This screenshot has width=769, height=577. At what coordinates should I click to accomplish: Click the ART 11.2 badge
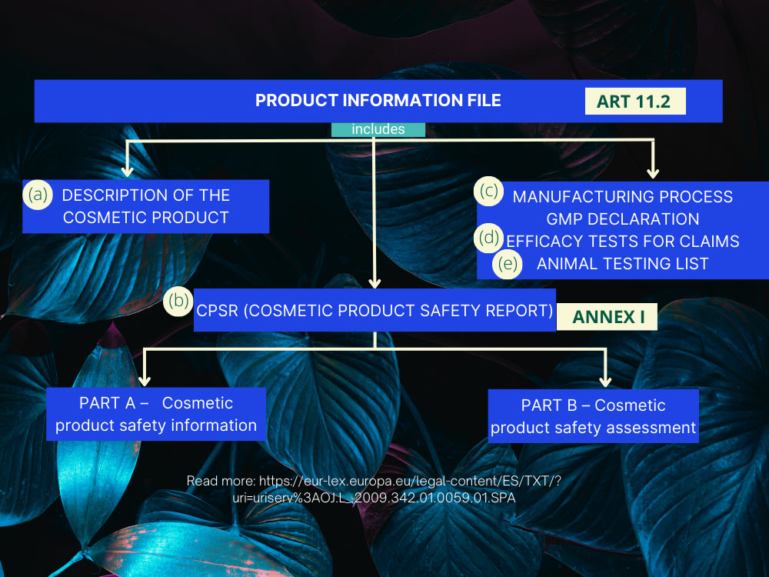tap(634, 102)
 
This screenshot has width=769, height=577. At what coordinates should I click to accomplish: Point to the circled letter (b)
tap(178, 300)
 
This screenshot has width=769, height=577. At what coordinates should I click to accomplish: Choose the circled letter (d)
tap(489, 238)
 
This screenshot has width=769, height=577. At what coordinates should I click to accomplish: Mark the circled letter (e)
tap(508, 263)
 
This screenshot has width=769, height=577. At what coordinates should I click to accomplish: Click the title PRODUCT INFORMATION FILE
tap(378, 101)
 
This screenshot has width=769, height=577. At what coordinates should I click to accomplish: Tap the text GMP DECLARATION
tap(623, 219)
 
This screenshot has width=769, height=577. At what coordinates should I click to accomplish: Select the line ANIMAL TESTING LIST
tap(623, 264)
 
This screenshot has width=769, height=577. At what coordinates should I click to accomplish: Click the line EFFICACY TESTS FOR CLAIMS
tap(623, 242)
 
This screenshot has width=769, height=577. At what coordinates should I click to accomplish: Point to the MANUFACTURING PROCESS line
tap(623, 197)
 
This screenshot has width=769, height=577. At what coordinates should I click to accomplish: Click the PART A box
tap(156, 414)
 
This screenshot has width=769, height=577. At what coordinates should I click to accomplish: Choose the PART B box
tap(594, 416)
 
